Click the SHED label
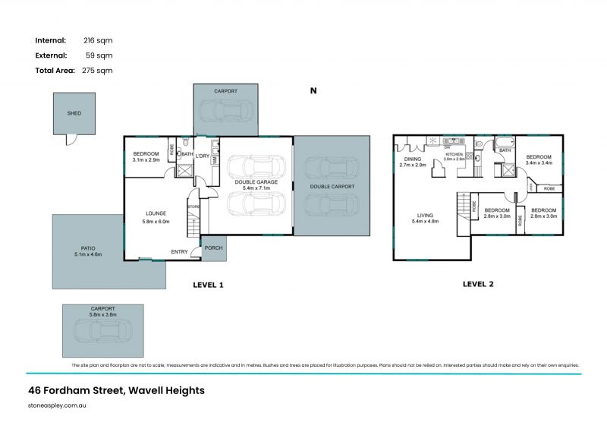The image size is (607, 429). (x=74, y=113)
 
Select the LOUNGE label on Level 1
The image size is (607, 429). (x=156, y=213)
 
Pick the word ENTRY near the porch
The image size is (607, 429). (x=179, y=252)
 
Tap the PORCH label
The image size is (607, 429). (x=213, y=247)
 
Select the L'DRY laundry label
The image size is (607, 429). (x=203, y=156)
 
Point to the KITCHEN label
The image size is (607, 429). (x=453, y=153)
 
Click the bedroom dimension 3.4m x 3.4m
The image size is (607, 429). (x=538, y=162)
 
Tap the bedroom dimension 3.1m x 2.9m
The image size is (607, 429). (x=146, y=160)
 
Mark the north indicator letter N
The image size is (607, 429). (x=313, y=90)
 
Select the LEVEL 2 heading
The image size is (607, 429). (x=478, y=284)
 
